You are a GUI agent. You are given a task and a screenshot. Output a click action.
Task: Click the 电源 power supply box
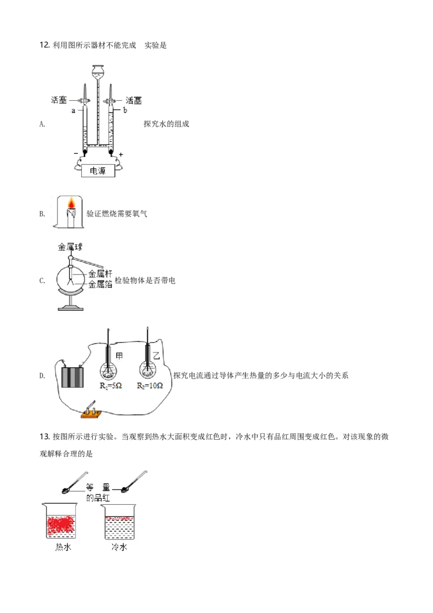point(97,171)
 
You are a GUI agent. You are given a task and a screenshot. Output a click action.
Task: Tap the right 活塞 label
point(133,100)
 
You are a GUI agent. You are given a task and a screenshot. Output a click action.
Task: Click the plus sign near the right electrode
point(121,154)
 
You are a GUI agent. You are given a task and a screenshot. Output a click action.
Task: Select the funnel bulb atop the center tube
point(98,70)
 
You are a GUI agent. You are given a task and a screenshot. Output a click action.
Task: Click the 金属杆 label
point(100,274)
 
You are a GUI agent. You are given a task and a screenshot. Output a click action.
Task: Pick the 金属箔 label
point(100,284)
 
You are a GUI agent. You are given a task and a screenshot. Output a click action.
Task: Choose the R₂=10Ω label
point(149,386)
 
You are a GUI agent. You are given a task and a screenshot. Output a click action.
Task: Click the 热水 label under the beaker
point(63,547)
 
